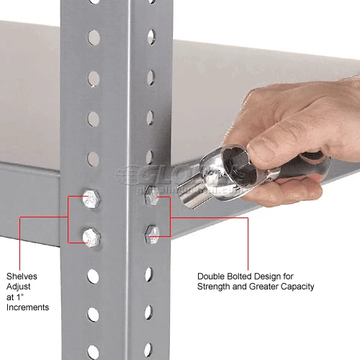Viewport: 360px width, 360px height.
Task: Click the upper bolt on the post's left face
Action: (x=90, y=197)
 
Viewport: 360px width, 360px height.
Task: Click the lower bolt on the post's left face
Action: (x=91, y=235)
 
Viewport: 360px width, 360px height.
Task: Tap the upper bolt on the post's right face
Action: (x=152, y=194)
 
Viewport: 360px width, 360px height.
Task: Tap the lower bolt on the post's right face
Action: (x=152, y=233)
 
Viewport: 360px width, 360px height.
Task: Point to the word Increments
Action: (x=28, y=307)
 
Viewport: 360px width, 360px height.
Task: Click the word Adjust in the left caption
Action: (x=19, y=287)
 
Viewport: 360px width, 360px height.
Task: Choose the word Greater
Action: (x=264, y=287)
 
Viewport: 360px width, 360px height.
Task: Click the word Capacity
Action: (x=299, y=287)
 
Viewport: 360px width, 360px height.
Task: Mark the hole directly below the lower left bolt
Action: (x=93, y=275)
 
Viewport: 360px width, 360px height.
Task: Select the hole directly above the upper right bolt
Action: (x=150, y=156)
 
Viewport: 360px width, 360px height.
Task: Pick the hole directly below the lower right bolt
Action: (x=149, y=273)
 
